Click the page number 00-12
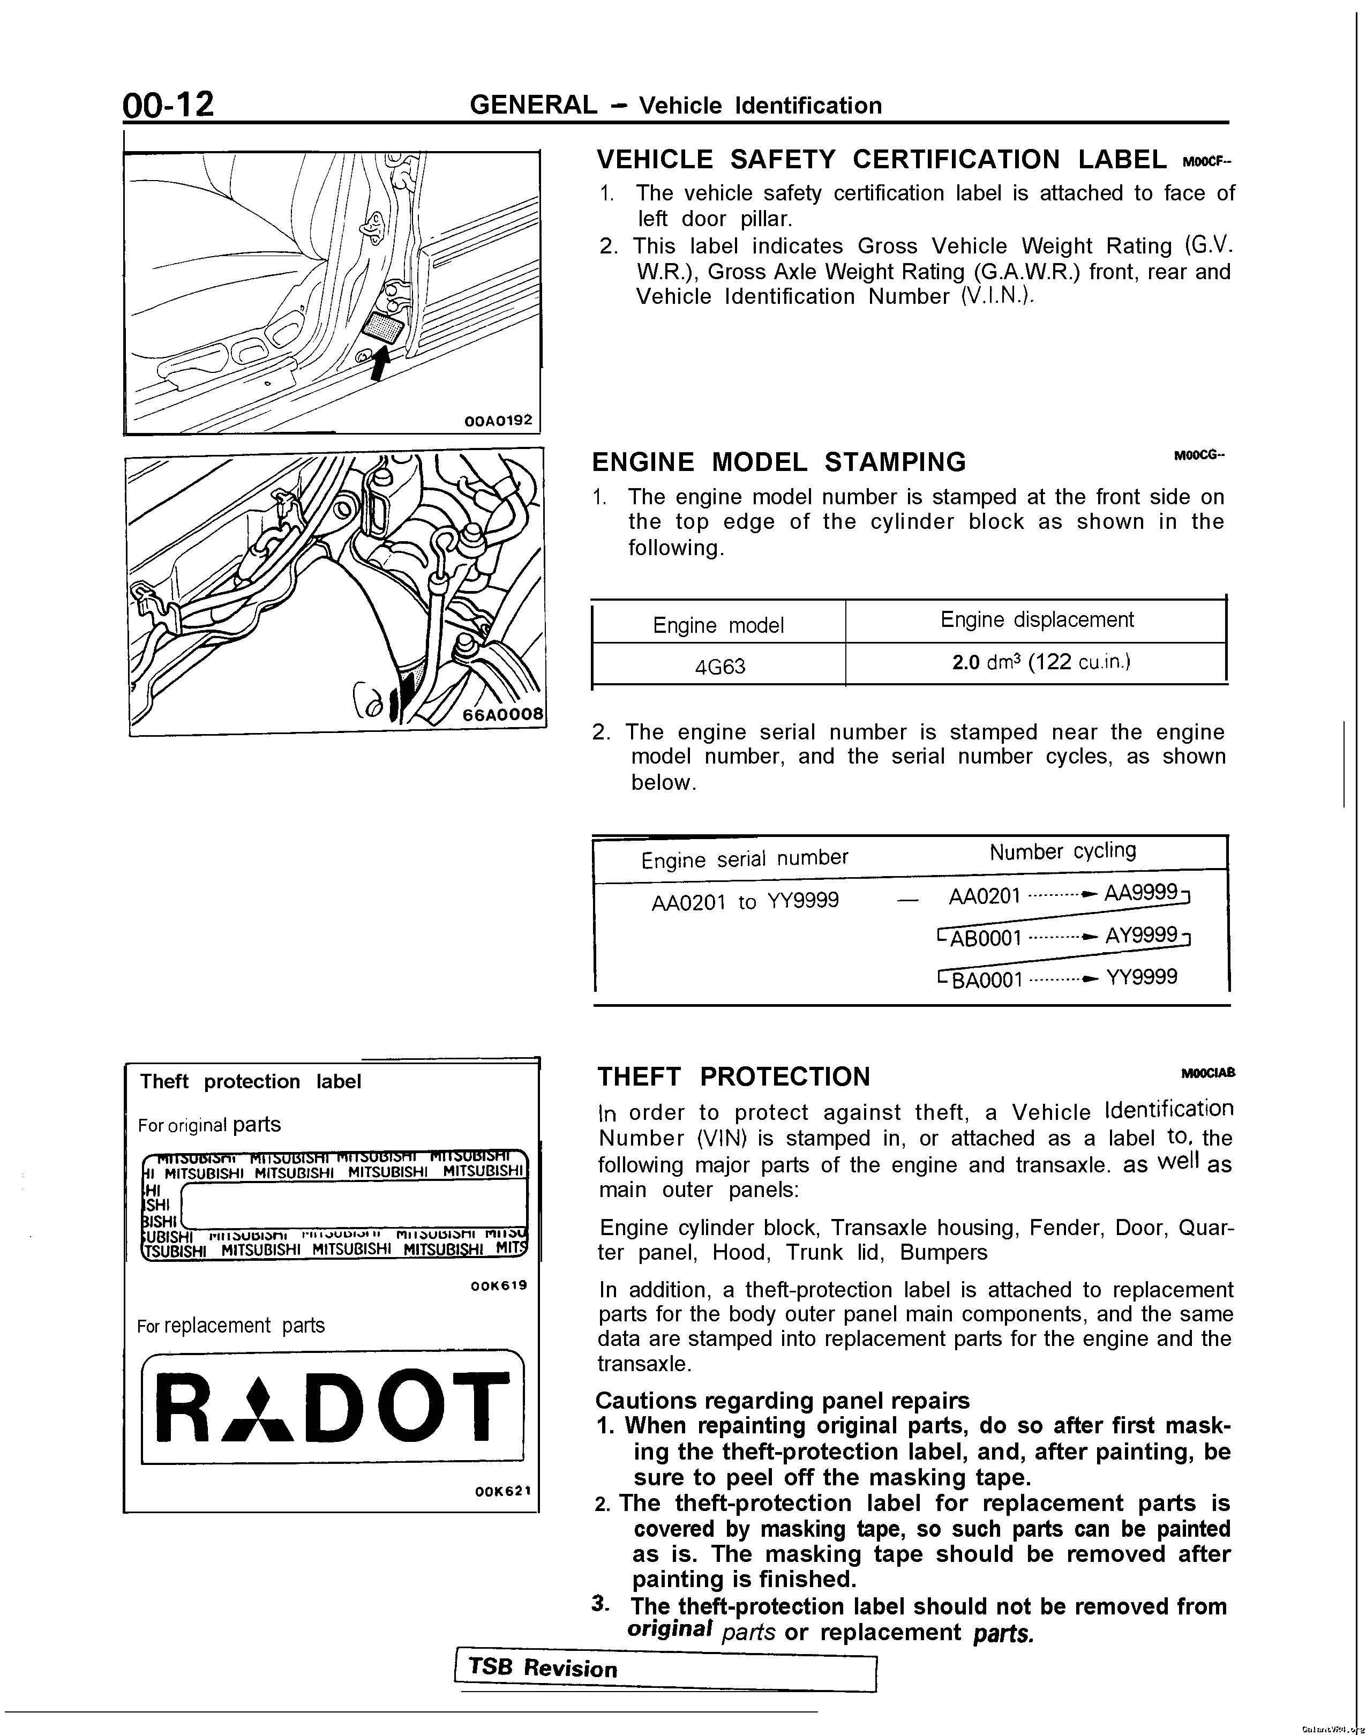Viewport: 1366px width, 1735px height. click(x=169, y=105)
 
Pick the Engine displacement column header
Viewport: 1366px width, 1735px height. click(x=1037, y=620)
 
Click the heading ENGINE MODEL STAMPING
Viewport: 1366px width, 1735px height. click(x=778, y=462)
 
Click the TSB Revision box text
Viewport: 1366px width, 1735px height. click(x=544, y=1669)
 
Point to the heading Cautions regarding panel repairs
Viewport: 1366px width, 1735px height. click(x=782, y=1401)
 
